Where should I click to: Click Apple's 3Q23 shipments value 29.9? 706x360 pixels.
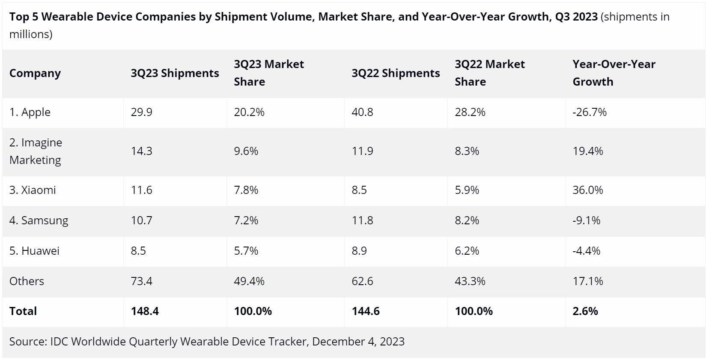(x=142, y=112)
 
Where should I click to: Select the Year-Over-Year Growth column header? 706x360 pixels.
(x=614, y=73)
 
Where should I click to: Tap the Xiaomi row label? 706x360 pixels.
(x=33, y=190)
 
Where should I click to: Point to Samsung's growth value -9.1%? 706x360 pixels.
(x=586, y=220)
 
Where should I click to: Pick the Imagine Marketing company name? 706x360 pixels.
(x=36, y=151)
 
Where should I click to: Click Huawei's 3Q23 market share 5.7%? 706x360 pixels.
(x=246, y=251)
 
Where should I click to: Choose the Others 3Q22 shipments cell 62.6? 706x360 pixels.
(x=362, y=281)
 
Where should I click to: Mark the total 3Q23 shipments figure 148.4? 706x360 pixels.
(x=145, y=311)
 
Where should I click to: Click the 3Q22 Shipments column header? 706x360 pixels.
(x=396, y=73)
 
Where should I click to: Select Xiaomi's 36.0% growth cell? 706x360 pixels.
(x=587, y=190)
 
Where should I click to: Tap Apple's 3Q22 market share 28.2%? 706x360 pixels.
(x=470, y=112)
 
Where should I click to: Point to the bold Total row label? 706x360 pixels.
(x=23, y=311)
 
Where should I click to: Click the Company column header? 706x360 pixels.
(x=35, y=73)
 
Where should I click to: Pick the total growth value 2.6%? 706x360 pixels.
(x=585, y=311)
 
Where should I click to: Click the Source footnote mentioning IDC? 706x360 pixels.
(x=207, y=342)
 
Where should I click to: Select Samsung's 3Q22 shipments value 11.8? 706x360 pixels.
(x=362, y=220)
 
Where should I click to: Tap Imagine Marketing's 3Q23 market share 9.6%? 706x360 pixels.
(x=246, y=151)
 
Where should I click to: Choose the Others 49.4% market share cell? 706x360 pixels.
(x=249, y=281)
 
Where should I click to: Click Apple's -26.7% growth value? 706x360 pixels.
(x=590, y=112)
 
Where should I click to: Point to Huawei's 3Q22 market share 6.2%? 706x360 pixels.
(x=467, y=251)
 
